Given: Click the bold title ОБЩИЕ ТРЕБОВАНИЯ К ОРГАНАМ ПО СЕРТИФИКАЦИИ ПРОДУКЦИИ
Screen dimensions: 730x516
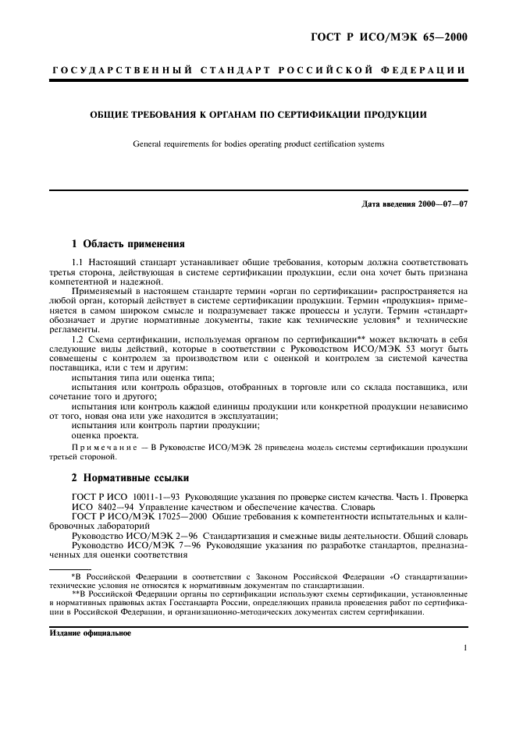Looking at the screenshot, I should [257, 115].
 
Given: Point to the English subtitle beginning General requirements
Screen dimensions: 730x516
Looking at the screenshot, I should [258, 144].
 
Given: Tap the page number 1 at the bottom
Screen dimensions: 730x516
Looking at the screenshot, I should [464, 648].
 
